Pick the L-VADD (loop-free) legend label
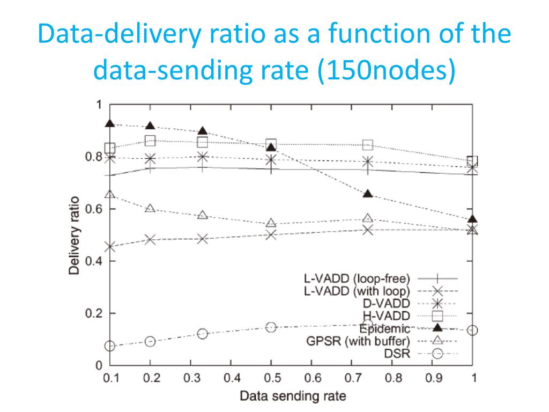[357, 278]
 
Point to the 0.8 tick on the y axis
[94, 157]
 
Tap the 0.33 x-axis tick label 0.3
[191, 378]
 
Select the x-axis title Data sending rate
[292, 397]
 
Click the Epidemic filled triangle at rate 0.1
[110, 123]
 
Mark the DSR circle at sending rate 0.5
[271, 327]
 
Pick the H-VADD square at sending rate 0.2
[151, 141]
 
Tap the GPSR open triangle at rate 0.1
[110, 194]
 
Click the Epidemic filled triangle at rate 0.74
[367, 193]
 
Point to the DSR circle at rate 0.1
[110, 346]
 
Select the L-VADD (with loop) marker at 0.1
[110, 247]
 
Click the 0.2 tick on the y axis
[94, 313]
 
